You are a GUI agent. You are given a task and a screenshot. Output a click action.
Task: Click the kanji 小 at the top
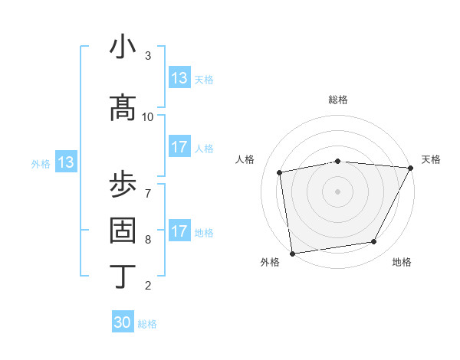coord(123,47)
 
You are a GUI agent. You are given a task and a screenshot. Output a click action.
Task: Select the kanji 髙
coord(123,108)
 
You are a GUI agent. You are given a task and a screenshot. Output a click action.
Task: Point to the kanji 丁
coord(123,276)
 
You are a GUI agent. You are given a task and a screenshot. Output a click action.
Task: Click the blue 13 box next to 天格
coord(179,78)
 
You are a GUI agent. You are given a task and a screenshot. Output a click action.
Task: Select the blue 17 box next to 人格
coord(179,147)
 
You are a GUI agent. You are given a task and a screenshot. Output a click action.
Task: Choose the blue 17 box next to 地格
coord(179,231)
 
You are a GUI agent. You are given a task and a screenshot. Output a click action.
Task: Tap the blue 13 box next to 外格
coord(66,162)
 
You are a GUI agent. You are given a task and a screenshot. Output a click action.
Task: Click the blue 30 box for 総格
coord(123,322)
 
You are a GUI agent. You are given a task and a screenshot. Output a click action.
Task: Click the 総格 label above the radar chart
coord(337,100)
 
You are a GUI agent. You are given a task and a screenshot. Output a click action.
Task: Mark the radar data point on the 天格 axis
coord(411,169)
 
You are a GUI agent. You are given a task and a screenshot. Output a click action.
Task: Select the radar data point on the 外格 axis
coord(292,253)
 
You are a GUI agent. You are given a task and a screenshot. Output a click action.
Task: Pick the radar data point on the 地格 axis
coord(374,242)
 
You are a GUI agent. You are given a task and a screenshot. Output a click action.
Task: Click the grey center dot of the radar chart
coord(337,191)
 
